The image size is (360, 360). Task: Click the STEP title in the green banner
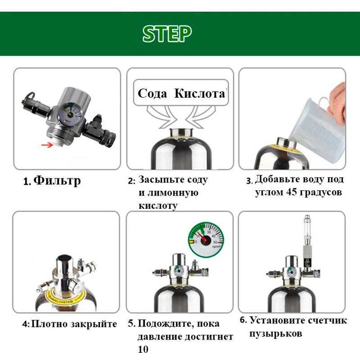click(167, 34)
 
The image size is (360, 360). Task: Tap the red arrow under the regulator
click(47, 145)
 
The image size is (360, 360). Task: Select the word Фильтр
click(57, 181)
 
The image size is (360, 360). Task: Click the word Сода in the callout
click(152, 94)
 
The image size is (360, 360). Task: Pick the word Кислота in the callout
click(200, 93)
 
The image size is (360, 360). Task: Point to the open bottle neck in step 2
click(182, 133)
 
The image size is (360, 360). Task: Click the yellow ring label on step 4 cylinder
click(65, 298)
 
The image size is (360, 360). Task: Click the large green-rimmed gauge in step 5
click(206, 240)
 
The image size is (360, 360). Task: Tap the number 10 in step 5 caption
click(143, 349)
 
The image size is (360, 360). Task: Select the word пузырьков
click(276, 334)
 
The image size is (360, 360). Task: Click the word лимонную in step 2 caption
click(168, 193)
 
